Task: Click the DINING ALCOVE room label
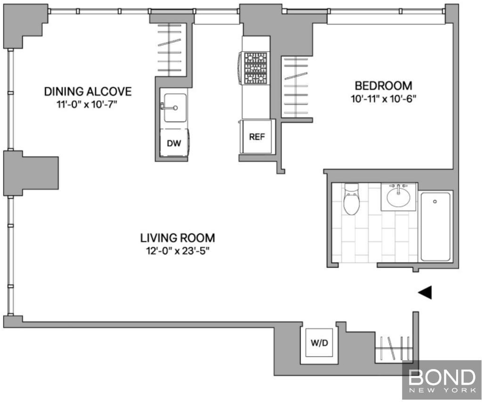click(x=88, y=92)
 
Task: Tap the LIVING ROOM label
click(x=177, y=238)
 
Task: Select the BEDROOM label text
click(x=383, y=86)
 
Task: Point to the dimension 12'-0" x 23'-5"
click(x=177, y=251)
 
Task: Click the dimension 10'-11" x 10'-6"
click(x=383, y=99)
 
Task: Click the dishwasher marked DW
click(x=174, y=143)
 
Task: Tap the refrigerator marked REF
click(x=257, y=137)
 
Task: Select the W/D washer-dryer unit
click(x=320, y=343)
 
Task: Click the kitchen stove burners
click(x=255, y=68)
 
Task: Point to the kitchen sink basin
click(x=175, y=108)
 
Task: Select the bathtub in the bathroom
click(x=435, y=226)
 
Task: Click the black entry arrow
click(x=425, y=292)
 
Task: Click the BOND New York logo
click(x=442, y=381)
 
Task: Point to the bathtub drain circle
click(x=434, y=201)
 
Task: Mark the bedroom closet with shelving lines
click(x=295, y=87)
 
